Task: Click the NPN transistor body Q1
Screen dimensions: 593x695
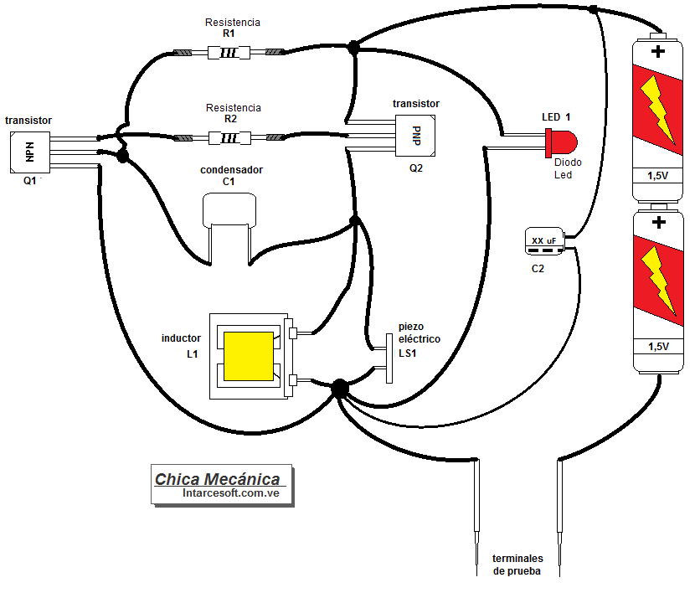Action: pyautogui.click(x=29, y=151)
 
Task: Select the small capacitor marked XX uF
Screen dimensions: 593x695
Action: pyautogui.click(x=543, y=240)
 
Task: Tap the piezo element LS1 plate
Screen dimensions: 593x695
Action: pyautogui.click(x=389, y=358)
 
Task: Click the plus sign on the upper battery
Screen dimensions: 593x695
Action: pyautogui.click(x=658, y=52)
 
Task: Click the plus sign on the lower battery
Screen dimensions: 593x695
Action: pyautogui.click(x=658, y=223)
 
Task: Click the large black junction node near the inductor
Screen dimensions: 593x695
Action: pyautogui.click(x=339, y=388)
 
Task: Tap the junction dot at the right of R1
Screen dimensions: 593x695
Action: pyautogui.click(x=353, y=48)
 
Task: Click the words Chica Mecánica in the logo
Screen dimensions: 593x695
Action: pyautogui.click(x=218, y=479)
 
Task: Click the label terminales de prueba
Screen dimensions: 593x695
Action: pyautogui.click(x=517, y=565)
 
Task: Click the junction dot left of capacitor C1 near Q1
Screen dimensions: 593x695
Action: pyautogui.click(x=123, y=156)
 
